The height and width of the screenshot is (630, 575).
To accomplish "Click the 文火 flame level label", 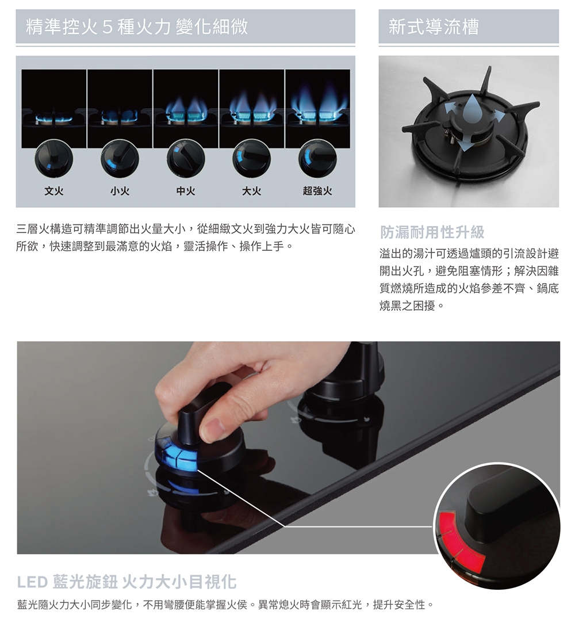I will (x=54, y=191).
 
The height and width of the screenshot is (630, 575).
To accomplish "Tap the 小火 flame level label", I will (x=120, y=191).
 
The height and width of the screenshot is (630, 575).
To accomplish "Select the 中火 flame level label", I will (x=186, y=191).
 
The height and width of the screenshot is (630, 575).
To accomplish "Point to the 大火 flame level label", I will (x=251, y=191).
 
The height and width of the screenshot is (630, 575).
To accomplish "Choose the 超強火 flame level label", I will (x=317, y=191).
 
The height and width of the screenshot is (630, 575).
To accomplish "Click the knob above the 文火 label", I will (x=53, y=158).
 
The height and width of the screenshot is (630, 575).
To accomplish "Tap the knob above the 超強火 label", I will (x=317, y=158).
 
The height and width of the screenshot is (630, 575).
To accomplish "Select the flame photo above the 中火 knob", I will (x=186, y=109).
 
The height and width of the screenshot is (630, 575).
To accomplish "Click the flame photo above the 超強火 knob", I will (x=317, y=109).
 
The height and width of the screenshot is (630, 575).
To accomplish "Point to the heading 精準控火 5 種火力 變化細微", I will (x=137, y=27).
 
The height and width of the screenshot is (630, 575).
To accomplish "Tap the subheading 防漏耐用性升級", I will (x=432, y=232).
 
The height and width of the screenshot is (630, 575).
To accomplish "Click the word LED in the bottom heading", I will (x=32, y=582).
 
